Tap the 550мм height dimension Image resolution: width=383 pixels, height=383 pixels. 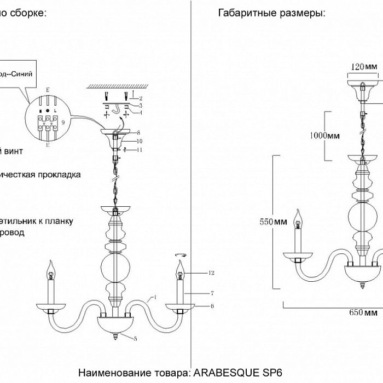click(x=273, y=222)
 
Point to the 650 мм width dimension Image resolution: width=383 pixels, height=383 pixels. click(x=363, y=313)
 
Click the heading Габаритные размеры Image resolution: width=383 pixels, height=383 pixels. click(x=271, y=14)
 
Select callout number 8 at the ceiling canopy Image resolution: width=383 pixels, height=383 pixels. click(x=140, y=132)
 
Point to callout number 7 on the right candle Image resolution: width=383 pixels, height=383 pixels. click(x=203, y=294)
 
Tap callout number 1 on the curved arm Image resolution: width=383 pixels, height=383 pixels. click(x=155, y=298)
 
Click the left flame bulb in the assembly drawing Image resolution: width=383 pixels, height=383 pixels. click(x=52, y=268)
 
